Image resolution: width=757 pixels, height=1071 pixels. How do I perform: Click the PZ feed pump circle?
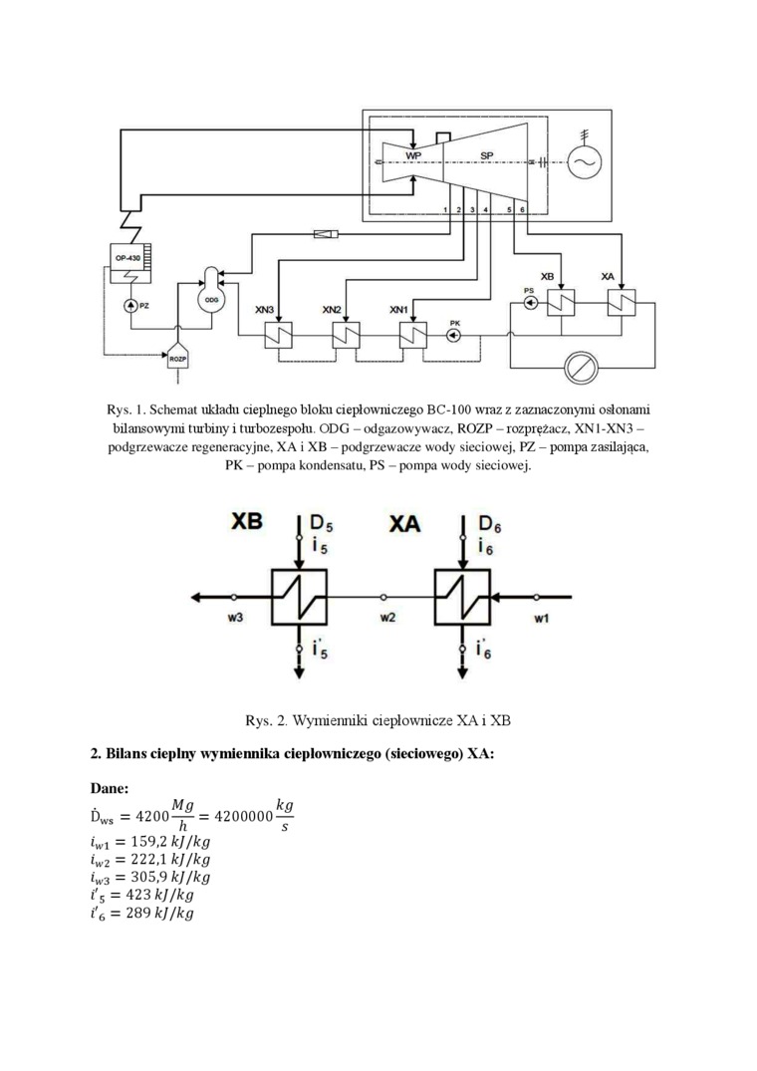coord(130,305)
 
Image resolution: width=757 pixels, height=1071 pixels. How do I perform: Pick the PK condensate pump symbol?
coord(454,336)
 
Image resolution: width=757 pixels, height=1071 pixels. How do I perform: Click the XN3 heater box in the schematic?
coord(278,336)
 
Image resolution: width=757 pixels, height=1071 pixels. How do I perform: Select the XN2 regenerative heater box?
coord(345,336)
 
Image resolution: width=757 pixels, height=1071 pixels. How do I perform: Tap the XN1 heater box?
coord(409,336)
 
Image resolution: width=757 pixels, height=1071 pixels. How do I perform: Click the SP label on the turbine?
coord(486,156)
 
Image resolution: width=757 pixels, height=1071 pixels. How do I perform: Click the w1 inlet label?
coord(540,617)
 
